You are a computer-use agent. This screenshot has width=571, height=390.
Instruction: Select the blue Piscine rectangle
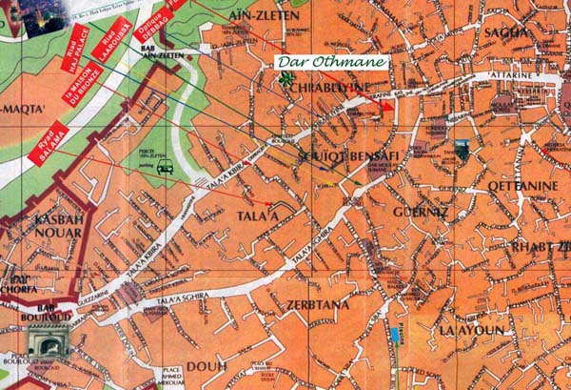pyautogui.click(x=394, y=334)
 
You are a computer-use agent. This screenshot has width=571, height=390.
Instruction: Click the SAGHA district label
pyautogui.click(x=506, y=33)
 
